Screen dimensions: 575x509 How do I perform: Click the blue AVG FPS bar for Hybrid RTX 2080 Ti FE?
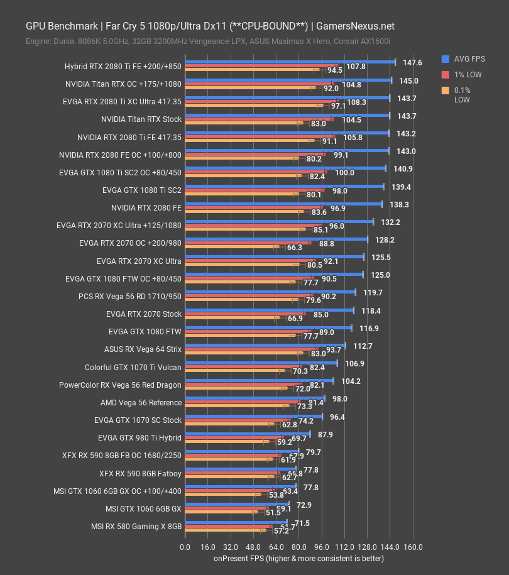pyautogui.click(x=290, y=62)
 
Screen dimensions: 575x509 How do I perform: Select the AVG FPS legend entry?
pyautogui.click(x=468, y=59)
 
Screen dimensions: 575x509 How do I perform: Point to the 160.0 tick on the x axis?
pyautogui.click(x=413, y=547)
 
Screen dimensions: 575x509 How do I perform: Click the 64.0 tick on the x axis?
pyautogui.click(x=276, y=547)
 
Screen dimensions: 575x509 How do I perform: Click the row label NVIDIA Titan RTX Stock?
pyautogui.click(x=141, y=119)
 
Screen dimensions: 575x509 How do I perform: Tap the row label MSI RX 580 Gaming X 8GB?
pyautogui.click(x=136, y=526)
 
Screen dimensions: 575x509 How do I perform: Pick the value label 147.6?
pyautogui.click(x=412, y=63)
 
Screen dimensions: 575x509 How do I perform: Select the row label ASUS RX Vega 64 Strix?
pyautogui.click(x=143, y=349)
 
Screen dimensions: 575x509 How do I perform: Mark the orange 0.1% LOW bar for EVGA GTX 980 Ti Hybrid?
pyautogui.click(x=226, y=442)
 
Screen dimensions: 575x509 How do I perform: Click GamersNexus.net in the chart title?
pyautogui.click(x=356, y=26)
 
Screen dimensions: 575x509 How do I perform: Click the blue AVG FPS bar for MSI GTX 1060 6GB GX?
pyautogui.click(x=237, y=504)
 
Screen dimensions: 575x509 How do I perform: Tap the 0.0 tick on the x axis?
pyautogui.click(x=185, y=547)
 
